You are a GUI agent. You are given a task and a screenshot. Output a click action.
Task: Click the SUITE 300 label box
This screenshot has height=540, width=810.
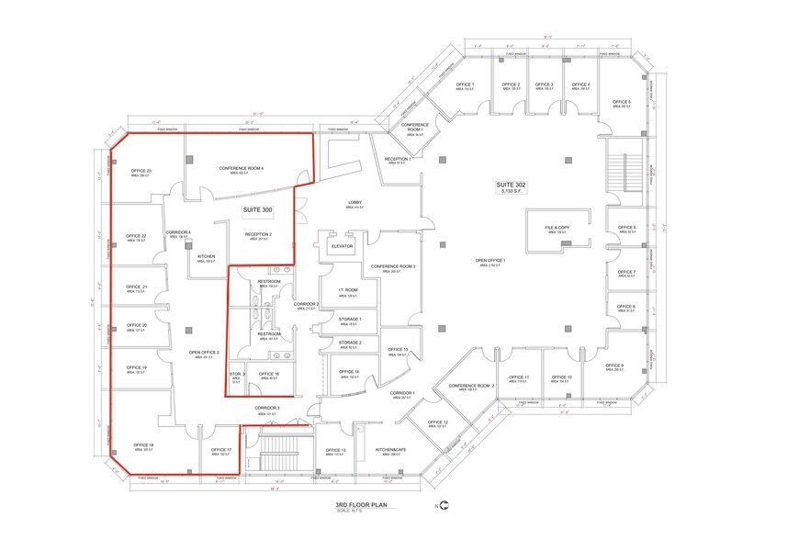pyautogui.click(x=258, y=209)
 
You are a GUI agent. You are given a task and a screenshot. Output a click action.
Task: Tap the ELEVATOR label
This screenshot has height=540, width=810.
pyautogui.click(x=342, y=245)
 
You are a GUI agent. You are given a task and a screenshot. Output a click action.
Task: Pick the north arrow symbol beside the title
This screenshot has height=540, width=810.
pyautogui.click(x=444, y=506)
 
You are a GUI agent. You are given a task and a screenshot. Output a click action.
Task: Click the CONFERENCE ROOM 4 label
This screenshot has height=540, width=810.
pyautogui.click(x=242, y=169)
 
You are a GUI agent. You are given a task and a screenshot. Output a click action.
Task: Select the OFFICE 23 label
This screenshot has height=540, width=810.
pyautogui.click(x=141, y=172)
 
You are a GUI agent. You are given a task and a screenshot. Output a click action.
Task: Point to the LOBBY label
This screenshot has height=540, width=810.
pyautogui.click(x=354, y=202)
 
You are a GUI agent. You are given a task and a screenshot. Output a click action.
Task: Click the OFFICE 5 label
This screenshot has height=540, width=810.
pyautogui.click(x=622, y=103)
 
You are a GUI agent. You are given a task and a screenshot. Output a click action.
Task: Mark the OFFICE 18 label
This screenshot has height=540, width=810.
pyautogui.click(x=143, y=445)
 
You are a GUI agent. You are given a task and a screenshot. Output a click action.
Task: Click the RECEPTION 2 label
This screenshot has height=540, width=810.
pyautogui.click(x=258, y=235)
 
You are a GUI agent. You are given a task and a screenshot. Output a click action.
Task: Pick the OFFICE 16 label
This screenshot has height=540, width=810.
pyautogui.click(x=269, y=374)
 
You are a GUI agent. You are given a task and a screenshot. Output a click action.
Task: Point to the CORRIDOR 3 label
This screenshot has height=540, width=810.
pyautogui.click(x=267, y=409)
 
